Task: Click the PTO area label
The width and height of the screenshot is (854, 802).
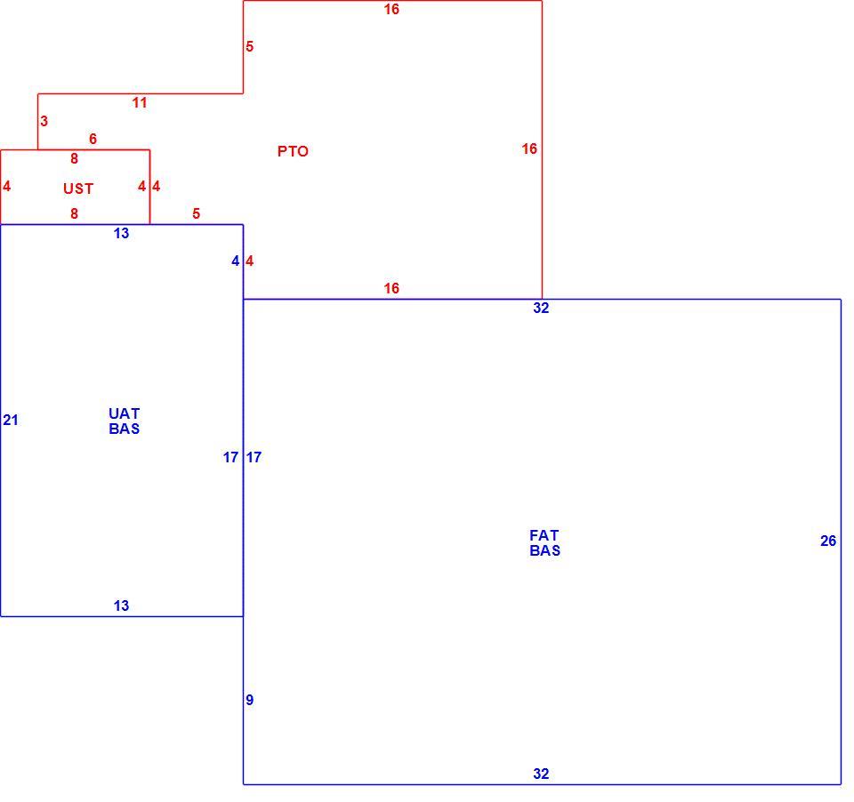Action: pos(293,151)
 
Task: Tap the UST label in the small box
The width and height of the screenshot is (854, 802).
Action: pos(78,188)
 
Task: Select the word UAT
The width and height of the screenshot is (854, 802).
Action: pos(125,413)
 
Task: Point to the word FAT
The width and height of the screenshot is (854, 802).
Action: pos(544,536)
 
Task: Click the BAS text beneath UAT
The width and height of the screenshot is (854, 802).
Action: pos(125,429)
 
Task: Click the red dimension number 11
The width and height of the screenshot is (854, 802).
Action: pos(140,103)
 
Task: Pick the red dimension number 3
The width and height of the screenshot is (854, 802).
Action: pos(44,122)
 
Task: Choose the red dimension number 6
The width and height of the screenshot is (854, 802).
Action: pos(93,140)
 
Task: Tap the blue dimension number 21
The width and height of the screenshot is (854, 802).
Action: pos(11,421)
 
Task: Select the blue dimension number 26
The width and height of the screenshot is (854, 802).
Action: pos(828,541)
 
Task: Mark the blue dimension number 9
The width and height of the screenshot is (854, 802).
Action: pos(249,700)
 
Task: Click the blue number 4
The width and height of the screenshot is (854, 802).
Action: pos(235,261)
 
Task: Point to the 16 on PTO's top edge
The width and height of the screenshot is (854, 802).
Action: pos(391,9)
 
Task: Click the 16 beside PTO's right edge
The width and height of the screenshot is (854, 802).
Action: pos(529,149)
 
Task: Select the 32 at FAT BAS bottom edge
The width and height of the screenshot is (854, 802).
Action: pos(541,774)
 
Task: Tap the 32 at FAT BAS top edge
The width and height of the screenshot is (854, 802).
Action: pos(541,309)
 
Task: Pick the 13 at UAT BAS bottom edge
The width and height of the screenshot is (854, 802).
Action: pos(122,606)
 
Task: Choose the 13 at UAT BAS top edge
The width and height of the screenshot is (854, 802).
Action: pos(122,234)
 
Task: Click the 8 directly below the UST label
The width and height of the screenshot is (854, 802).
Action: pos(74,214)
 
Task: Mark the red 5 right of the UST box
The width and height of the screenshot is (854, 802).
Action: pos(196,214)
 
